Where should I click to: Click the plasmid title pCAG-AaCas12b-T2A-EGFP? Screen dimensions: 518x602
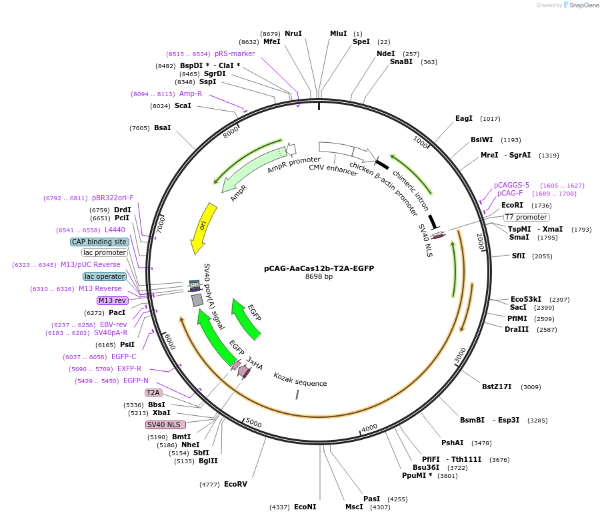pos(319,268)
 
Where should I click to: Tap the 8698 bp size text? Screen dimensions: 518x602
pos(319,276)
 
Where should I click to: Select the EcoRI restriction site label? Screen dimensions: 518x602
pos(513,206)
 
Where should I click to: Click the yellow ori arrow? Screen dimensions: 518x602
pos(203,227)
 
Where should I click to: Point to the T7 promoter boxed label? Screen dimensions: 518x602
pos(527,217)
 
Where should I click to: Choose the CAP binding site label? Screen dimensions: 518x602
pos(99,242)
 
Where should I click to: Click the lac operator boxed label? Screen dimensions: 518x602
pos(105,276)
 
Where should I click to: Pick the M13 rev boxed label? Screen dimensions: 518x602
pos(111,300)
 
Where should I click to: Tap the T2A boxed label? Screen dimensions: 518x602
pos(153,393)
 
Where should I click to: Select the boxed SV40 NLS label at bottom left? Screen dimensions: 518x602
pos(166,425)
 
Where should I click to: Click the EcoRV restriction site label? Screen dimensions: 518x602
pos(235,484)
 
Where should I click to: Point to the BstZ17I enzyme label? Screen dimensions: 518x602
pos(497,386)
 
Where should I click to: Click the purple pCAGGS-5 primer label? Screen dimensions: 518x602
pos(511,185)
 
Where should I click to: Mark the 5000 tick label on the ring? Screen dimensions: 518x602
pos(254,423)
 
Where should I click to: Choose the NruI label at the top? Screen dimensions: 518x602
pos(293,33)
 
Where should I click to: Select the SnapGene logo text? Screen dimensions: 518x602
pos(581,5)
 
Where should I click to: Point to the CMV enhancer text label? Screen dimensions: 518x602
pos(333,170)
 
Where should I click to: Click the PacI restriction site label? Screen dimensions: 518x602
pos(117,312)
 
